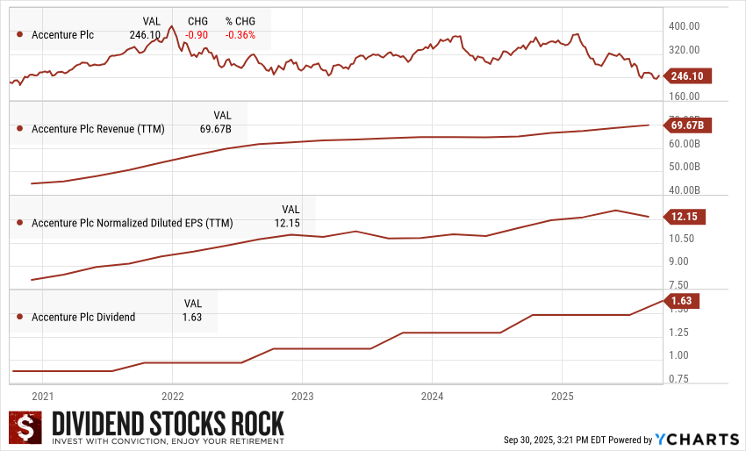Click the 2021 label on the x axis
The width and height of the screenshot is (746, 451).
(x=43, y=396)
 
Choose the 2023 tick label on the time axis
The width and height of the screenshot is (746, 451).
(x=303, y=396)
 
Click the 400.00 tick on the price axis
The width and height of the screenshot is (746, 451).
(x=685, y=27)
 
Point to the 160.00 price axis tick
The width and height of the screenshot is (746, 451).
(x=685, y=97)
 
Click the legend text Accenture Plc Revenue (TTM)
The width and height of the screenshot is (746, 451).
(x=97, y=129)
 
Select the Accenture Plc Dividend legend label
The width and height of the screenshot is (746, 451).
(x=83, y=317)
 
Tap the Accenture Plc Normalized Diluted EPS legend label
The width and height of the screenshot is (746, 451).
(x=133, y=223)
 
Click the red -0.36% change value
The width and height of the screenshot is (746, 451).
(x=240, y=35)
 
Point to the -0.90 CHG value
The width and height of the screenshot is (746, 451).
(x=196, y=35)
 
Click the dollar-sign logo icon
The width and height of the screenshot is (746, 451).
(x=26, y=429)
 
